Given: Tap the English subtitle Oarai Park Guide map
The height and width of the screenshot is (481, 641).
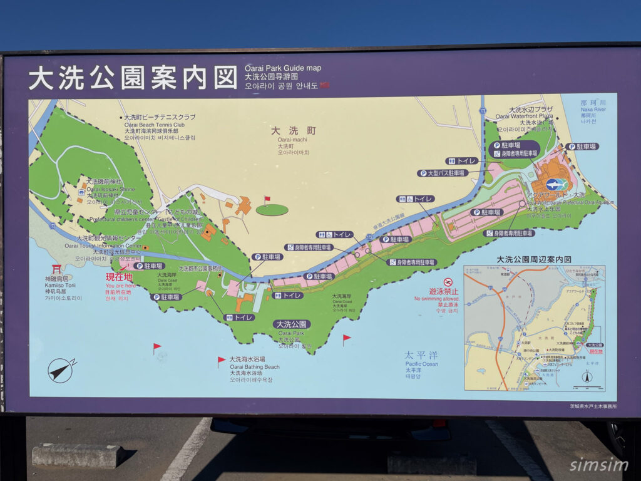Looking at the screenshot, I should pyautogui.click(x=282, y=68).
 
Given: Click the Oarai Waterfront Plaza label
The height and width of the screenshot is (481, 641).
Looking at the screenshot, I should pyautogui.click(x=525, y=116).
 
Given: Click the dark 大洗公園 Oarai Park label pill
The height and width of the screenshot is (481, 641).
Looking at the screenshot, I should pyautogui.click(x=292, y=324).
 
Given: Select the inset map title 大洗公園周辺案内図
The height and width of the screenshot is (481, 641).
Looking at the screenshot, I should pyautogui.click(x=534, y=259).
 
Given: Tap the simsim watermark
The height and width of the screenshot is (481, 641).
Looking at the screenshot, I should pyautogui.click(x=597, y=465).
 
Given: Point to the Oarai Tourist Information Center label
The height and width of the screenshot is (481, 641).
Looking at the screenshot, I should pyautogui.click(x=110, y=245).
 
